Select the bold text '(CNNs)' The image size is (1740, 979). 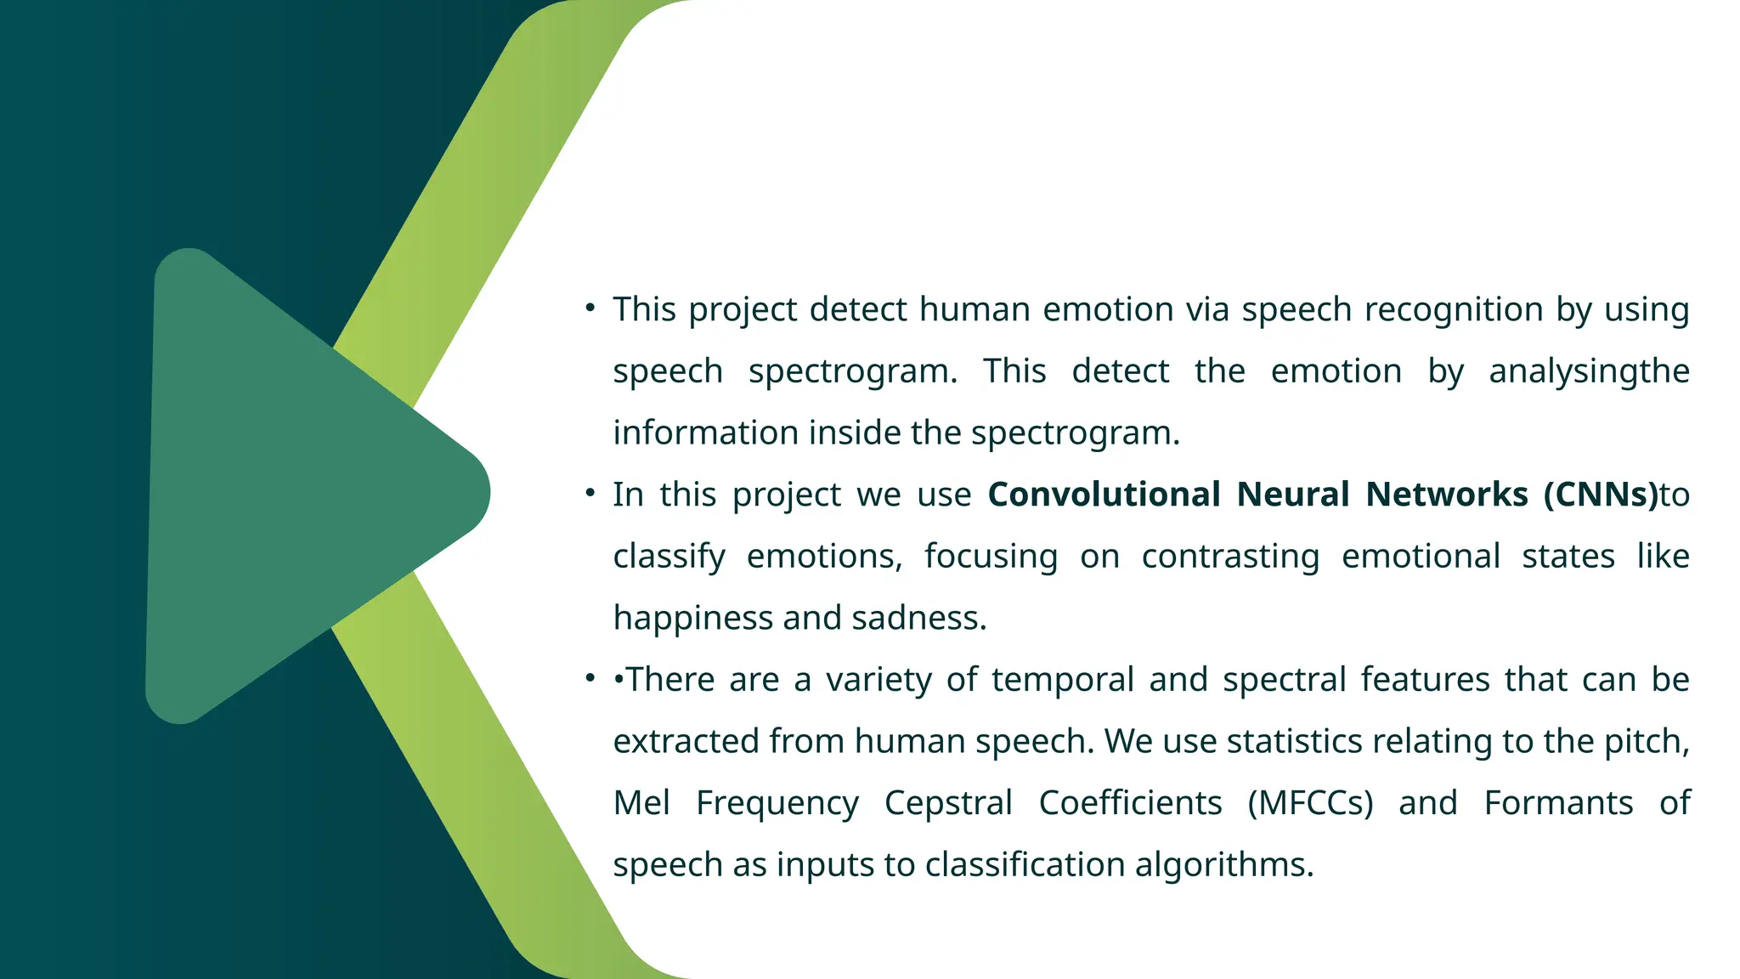(1600, 495)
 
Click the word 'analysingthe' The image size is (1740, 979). (1589, 372)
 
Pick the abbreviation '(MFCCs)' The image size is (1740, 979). (1309, 803)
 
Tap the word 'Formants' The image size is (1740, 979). (1558, 803)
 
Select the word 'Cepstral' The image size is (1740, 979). (948, 803)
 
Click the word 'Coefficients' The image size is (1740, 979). (1130, 803)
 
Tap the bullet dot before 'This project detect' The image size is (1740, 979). (590, 308)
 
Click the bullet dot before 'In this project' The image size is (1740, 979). (590, 493)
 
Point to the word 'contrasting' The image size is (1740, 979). (1230, 557)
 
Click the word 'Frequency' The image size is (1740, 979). (777, 803)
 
